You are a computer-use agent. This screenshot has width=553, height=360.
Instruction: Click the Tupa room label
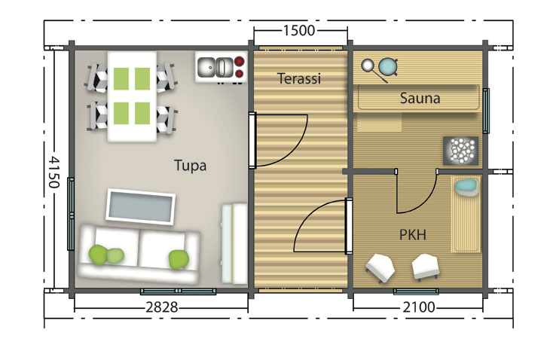tap(190, 166)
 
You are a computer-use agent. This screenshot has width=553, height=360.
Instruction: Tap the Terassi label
tap(299, 78)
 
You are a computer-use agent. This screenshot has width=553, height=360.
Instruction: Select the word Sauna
tap(420, 98)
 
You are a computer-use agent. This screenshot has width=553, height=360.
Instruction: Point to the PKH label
tap(413, 235)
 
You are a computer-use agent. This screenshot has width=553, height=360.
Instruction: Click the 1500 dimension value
tap(299, 31)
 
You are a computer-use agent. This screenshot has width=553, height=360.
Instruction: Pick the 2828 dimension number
tap(162, 307)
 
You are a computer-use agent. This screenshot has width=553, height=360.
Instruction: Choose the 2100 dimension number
tap(419, 307)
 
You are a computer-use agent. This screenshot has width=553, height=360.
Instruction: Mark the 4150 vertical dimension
tap(53, 172)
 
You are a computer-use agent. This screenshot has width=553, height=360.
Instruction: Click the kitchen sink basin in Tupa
tap(206, 67)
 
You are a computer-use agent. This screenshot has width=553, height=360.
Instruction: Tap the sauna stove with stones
tap(460, 151)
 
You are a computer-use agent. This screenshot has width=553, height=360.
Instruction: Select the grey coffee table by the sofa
tap(141, 206)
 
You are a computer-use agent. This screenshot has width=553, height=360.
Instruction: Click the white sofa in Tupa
tap(139, 254)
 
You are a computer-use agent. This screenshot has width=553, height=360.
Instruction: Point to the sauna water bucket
tap(388, 66)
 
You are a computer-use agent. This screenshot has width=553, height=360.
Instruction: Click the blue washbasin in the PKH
tap(466, 187)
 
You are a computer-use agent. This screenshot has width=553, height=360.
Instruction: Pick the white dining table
tap(132, 96)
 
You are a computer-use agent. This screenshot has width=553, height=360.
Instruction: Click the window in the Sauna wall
tap(486, 111)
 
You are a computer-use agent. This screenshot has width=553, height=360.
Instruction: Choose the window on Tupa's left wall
tap(71, 214)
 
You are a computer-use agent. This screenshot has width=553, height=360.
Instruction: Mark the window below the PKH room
tap(416, 291)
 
